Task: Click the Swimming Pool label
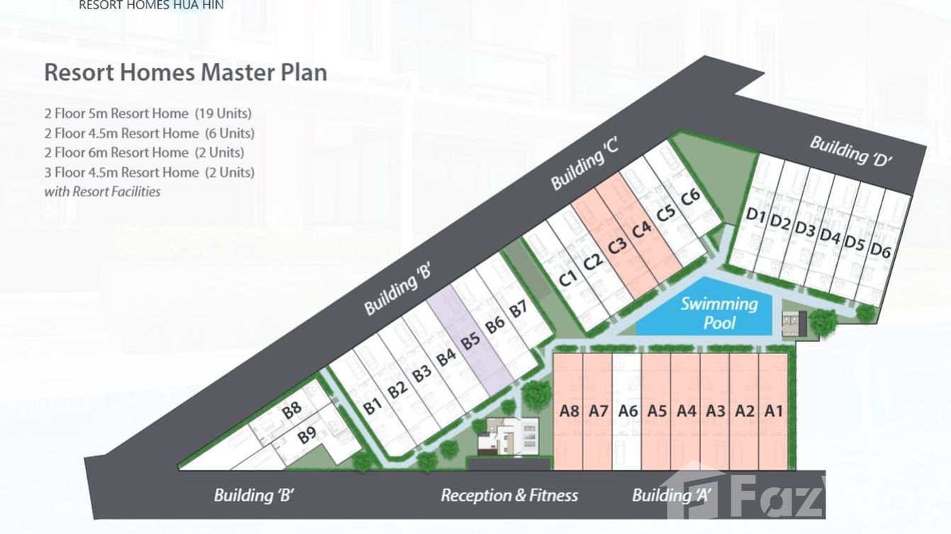719,314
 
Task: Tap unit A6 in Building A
628,411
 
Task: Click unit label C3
617,247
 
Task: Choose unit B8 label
292,409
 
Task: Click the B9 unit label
307,435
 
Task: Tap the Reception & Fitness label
509,496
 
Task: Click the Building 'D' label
850,151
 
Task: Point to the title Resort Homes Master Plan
186,72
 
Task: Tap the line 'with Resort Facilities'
102,191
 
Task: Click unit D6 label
880,249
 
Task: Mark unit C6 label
690,198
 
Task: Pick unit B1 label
373,407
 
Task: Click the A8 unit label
569,411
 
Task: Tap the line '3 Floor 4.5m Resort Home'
121,172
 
